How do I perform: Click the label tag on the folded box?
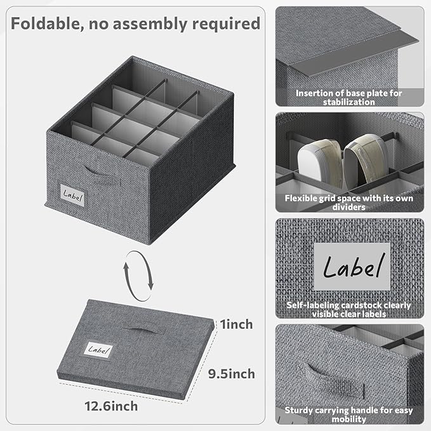point(98,350)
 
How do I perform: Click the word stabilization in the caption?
point(348,101)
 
